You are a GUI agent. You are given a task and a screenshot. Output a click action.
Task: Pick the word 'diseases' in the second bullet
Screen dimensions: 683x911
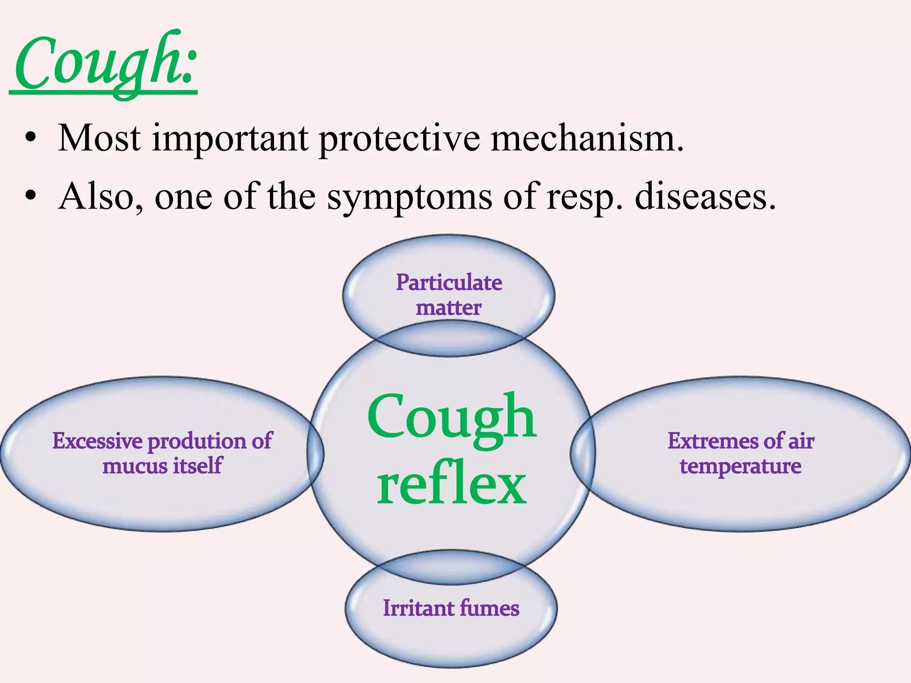point(705,197)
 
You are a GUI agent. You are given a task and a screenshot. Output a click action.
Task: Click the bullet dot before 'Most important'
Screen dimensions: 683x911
point(30,137)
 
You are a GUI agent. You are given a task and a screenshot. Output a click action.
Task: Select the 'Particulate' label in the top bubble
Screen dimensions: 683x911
point(449,282)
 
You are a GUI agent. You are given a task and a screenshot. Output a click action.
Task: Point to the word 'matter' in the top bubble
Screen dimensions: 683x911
point(448,308)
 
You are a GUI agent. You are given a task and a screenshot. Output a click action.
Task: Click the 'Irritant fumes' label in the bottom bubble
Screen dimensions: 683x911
point(451,608)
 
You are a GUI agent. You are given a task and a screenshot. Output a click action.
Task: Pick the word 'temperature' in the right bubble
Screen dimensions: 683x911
point(741,466)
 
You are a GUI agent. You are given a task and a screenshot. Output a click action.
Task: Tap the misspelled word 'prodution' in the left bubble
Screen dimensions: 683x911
point(198,442)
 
